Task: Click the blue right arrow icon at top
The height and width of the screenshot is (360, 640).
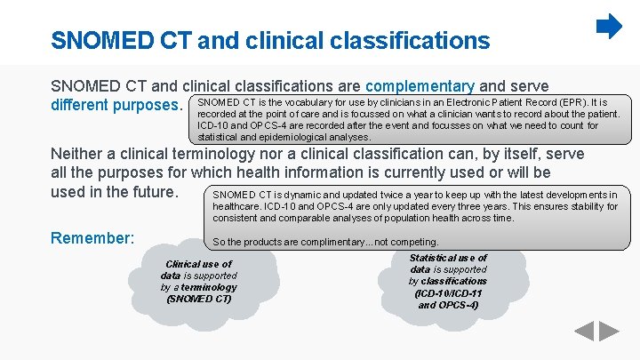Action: (609, 27)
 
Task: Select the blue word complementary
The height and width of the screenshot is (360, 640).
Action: (420, 86)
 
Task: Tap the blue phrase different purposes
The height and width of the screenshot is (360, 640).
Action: (116, 106)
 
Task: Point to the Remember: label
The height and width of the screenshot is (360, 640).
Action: (92, 238)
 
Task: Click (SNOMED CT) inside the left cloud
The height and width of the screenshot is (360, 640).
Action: (198, 299)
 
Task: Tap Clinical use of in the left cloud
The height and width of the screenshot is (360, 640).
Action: (198, 264)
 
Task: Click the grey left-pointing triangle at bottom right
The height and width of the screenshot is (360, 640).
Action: (583, 332)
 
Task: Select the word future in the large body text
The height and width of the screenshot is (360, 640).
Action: (154, 191)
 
